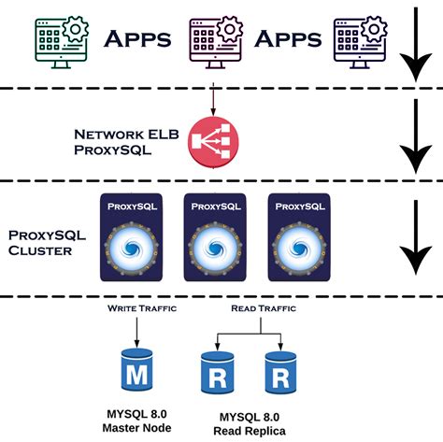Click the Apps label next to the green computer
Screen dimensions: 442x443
137,40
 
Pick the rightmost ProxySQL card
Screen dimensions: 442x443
296,238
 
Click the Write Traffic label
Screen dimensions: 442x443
138,306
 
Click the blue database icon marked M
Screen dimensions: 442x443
137,373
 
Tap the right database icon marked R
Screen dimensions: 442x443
280,373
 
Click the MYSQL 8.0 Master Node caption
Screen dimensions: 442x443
138,421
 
